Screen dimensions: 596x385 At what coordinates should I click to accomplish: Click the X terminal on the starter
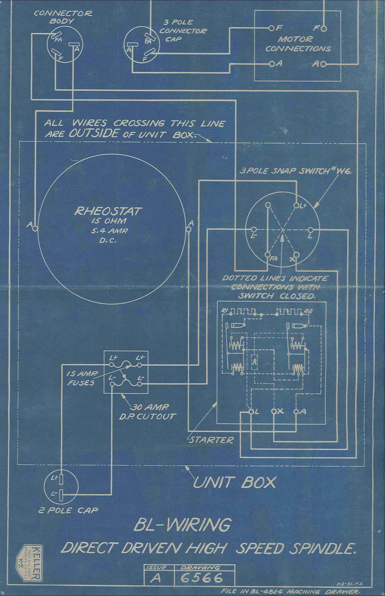(x=274, y=412)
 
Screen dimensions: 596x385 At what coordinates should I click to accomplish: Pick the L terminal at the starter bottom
(x=251, y=412)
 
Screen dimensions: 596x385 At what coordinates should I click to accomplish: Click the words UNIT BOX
(x=234, y=483)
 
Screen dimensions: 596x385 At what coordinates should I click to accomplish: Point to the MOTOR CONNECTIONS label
(x=298, y=44)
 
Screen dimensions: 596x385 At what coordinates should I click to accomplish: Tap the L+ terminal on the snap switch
(x=296, y=206)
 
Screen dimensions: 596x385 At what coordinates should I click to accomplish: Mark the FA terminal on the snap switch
(x=268, y=255)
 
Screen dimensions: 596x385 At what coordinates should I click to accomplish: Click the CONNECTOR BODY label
(x=63, y=17)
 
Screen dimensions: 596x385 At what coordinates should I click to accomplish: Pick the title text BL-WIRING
(x=182, y=525)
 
